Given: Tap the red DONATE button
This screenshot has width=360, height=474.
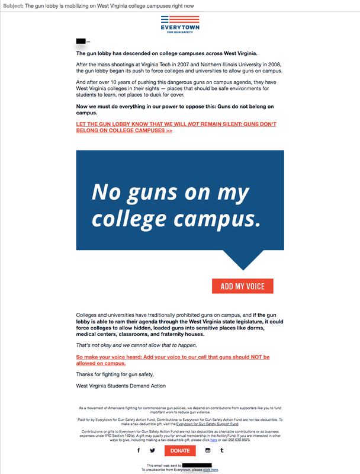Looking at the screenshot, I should (x=179, y=451).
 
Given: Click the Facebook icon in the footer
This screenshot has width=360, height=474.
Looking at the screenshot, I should (x=139, y=451).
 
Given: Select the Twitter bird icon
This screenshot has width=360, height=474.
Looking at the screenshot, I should (x=152, y=451).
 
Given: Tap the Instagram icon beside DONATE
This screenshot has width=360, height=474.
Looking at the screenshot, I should (x=208, y=451).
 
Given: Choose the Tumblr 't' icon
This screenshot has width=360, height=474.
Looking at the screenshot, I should (x=221, y=451).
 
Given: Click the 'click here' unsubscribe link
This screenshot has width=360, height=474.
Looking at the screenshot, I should (x=211, y=469).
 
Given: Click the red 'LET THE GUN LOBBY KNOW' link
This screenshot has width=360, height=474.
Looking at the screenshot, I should (x=176, y=127).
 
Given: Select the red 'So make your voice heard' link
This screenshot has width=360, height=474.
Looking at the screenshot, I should (x=173, y=360).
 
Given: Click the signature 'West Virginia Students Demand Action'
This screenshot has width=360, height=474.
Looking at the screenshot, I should (x=121, y=386).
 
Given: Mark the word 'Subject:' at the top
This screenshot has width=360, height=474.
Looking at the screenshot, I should (x=12, y=5).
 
